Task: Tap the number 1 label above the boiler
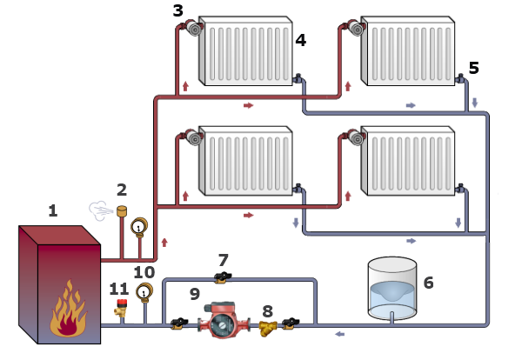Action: click(53, 211)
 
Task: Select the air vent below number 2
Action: click(122, 211)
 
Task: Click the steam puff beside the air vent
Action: click(101, 211)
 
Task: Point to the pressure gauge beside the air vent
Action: click(139, 227)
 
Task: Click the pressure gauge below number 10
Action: click(144, 292)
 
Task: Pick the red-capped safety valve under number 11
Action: click(122, 307)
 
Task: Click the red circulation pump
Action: click(224, 320)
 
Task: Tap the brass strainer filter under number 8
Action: click(268, 328)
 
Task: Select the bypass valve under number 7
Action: click(223, 277)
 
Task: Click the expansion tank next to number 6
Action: click(392, 288)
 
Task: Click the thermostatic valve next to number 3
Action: click(192, 27)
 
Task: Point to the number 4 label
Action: click(301, 40)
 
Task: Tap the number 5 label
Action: click(474, 68)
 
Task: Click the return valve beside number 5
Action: click(460, 78)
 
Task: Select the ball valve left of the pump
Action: click(179, 323)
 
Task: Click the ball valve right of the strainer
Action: click(291, 323)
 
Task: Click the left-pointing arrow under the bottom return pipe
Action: click(340, 334)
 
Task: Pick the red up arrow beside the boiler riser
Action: click(164, 243)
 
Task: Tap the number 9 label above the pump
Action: click(195, 294)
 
